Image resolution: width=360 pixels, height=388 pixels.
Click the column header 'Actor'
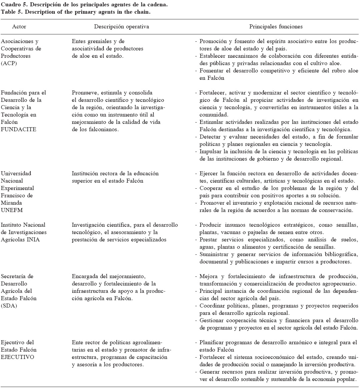coord(19,26)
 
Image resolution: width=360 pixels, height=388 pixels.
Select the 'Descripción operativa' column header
coord(121,26)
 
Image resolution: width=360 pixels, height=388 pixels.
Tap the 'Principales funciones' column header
coord(276,26)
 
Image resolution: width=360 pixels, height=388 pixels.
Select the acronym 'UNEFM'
coord(10,210)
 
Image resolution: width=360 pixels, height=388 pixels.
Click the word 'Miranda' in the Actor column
coord(11,203)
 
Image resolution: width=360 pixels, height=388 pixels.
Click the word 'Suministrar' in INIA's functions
coord(214,254)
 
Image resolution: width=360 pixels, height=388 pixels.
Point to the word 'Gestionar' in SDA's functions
coord(212,320)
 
